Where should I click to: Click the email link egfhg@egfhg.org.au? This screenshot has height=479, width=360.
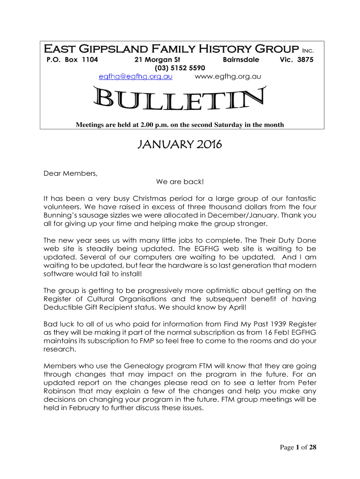point(136,76)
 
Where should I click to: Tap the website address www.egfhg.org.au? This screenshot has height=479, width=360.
point(227,76)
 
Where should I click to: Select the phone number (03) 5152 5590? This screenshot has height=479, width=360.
point(157,68)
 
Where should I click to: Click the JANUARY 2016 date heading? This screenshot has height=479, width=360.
point(180,145)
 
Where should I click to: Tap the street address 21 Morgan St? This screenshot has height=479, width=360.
point(157,60)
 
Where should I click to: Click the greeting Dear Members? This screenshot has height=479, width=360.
point(71,174)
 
